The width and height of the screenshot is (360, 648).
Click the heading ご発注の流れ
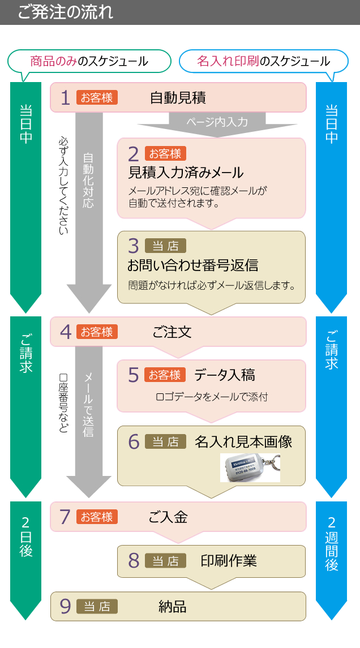[x=65, y=12]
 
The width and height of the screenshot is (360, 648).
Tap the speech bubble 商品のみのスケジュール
[x=89, y=61]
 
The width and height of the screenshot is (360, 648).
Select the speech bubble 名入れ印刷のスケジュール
[x=263, y=61]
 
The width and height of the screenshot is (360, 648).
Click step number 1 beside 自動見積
[x=65, y=98]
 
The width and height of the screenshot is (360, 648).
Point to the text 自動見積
[x=178, y=98]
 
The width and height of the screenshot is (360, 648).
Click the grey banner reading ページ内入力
[x=217, y=121]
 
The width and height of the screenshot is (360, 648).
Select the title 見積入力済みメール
[x=186, y=173]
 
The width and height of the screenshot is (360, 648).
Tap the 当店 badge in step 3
[x=165, y=246]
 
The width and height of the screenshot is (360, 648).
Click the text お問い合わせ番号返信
[x=192, y=265]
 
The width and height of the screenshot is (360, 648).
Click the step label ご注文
[x=172, y=332]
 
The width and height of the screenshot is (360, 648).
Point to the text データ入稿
[x=224, y=375]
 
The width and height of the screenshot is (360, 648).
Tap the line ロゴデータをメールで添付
[x=212, y=397]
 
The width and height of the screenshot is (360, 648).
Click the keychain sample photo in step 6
[x=250, y=467]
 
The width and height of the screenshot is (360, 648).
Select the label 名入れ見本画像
[x=243, y=441]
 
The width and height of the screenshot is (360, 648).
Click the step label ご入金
[x=168, y=517]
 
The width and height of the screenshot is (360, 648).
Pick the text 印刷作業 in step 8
[x=229, y=560]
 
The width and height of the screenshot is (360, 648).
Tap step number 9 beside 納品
[x=65, y=607]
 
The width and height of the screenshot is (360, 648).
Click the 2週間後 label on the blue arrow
[x=332, y=543]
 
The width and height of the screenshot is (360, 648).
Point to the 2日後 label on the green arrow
[x=26, y=537]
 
